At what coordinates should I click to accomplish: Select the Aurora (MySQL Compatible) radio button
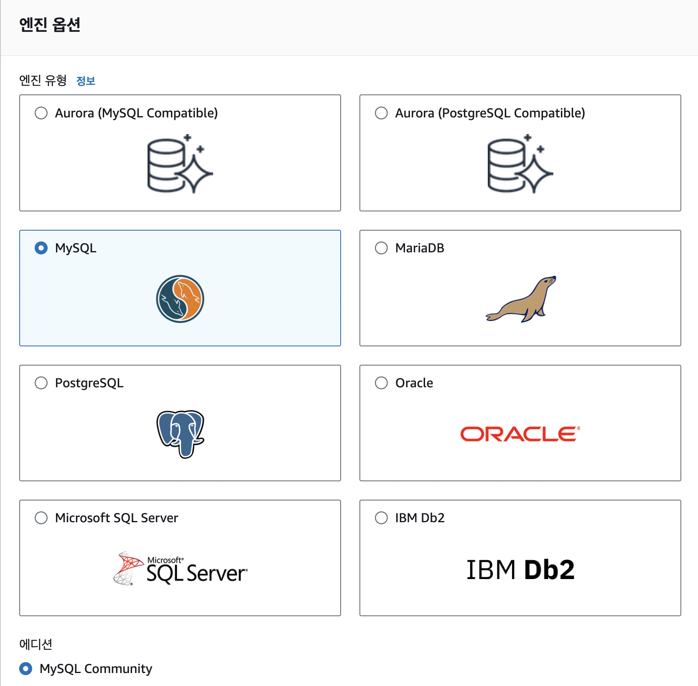click(x=41, y=113)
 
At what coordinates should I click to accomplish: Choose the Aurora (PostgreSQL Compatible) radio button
click(x=381, y=113)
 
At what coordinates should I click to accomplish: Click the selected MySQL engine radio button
click(x=41, y=248)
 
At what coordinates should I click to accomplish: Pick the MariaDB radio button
click(x=381, y=248)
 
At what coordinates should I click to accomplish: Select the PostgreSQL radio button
click(x=41, y=383)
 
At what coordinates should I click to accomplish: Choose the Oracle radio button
click(x=381, y=383)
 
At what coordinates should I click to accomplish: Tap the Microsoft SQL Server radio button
click(x=41, y=518)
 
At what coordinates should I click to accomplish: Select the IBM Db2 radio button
click(x=381, y=518)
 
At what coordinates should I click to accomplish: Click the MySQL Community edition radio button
click(x=26, y=668)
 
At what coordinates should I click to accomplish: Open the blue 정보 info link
click(x=86, y=81)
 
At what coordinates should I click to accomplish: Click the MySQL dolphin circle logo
click(x=180, y=299)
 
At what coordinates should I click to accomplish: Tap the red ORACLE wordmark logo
click(x=520, y=434)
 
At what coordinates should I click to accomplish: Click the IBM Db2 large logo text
click(x=520, y=569)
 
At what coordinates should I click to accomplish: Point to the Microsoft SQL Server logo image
click(x=181, y=569)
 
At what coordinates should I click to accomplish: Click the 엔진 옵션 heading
click(x=50, y=25)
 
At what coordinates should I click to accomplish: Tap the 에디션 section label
click(x=36, y=644)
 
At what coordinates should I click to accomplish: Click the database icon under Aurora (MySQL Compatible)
click(x=180, y=164)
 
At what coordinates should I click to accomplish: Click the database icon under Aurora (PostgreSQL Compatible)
click(x=520, y=164)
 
